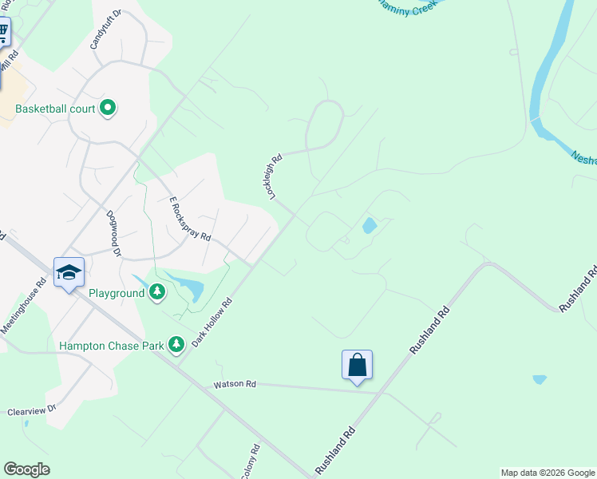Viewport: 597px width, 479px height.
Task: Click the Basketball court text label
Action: tap(55, 109)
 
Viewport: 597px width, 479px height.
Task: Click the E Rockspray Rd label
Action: tap(190, 220)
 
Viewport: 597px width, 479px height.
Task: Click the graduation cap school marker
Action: tap(69, 273)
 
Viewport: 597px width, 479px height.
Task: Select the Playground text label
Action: tap(117, 293)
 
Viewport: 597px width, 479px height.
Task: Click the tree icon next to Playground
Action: tap(159, 292)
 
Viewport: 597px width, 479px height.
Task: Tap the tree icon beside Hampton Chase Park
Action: tap(176, 345)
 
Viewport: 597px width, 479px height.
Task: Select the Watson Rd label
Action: tap(234, 384)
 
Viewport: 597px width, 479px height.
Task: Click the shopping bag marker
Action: tap(357, 366)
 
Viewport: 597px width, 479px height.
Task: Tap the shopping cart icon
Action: tap(2, 33)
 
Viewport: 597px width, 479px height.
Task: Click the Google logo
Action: tap(26, 469)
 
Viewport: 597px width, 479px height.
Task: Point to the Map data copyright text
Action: tap(548, 473)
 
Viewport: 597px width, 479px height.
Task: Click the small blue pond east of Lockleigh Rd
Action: tap(370, 226)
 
